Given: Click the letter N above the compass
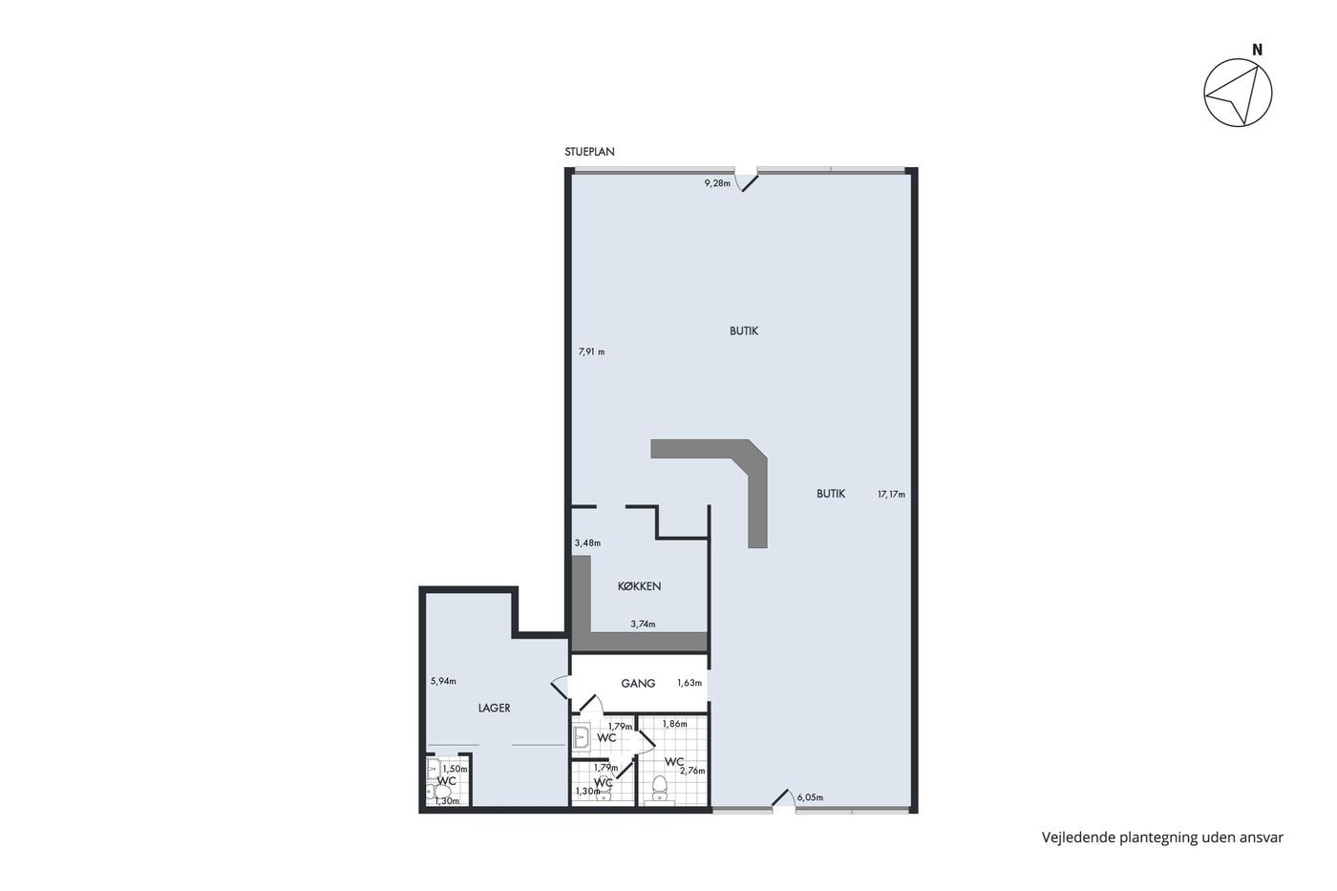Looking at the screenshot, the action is [x=1257, y=50].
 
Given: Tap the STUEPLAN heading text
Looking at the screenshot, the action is [x=589, y=152].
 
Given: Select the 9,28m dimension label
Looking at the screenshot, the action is [x=717, y=183].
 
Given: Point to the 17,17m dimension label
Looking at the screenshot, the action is [x=891, y=494].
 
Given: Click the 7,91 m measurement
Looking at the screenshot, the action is [x=591, y=352].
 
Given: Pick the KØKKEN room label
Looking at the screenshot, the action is [x=639, y=586].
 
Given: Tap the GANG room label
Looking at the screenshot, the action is [x=638, y=684].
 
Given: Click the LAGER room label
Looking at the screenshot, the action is [x=495, y=709].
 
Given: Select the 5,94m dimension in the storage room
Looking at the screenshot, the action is [x=443, y=681].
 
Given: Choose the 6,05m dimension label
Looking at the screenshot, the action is [x=810, y=797].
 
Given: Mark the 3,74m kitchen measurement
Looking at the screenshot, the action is [x=643, y=625].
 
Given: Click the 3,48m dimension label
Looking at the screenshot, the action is [x=587, y=543].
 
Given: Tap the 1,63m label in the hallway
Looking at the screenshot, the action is [x=690, y=683].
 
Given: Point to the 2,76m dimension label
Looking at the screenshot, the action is [x=692, y=771].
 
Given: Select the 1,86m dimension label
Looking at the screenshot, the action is [x=674, y=724].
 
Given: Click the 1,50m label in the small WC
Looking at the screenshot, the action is [x=455, y=769].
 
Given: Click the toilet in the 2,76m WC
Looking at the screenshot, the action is [x=659, y=788].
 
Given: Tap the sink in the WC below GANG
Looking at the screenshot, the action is [x=581, y=737].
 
